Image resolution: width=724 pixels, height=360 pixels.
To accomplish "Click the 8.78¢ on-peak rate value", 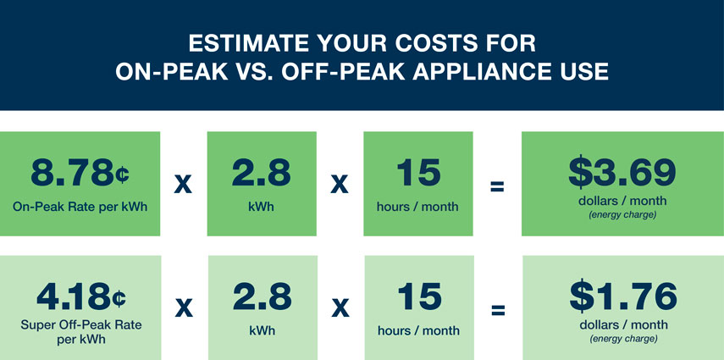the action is point(80,174).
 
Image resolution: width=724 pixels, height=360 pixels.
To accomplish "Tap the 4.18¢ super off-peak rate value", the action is point(81,297).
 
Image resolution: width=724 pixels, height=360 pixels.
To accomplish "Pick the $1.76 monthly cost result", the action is point(623,296).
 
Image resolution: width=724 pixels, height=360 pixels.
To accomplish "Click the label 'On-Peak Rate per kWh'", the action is point(80,207).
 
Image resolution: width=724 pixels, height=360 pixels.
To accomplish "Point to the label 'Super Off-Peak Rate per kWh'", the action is point(81,331).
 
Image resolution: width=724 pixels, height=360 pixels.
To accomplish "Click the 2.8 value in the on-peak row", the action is point(262,174).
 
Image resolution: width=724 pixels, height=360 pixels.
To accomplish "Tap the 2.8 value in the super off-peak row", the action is point(263,297).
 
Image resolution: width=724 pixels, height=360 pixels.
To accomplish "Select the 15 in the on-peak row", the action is point(418,174).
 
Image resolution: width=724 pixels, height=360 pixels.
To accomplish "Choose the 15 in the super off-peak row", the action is point(419,297).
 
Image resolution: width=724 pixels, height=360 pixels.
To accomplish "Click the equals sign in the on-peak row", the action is point(497,186).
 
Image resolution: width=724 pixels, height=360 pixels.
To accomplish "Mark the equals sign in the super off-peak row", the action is point(498,310).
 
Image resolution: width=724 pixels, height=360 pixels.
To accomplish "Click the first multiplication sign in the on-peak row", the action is point(183,186).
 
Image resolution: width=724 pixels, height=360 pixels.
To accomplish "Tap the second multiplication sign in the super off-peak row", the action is point(340,310).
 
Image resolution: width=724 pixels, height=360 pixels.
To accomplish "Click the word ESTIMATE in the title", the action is point(248,43).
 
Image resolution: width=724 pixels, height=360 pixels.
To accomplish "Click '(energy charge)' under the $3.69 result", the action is point(622,215).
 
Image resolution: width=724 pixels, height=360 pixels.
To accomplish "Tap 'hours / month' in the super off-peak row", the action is point(419,330).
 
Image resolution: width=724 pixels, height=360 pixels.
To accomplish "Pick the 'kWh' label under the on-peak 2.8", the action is point(262,206).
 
